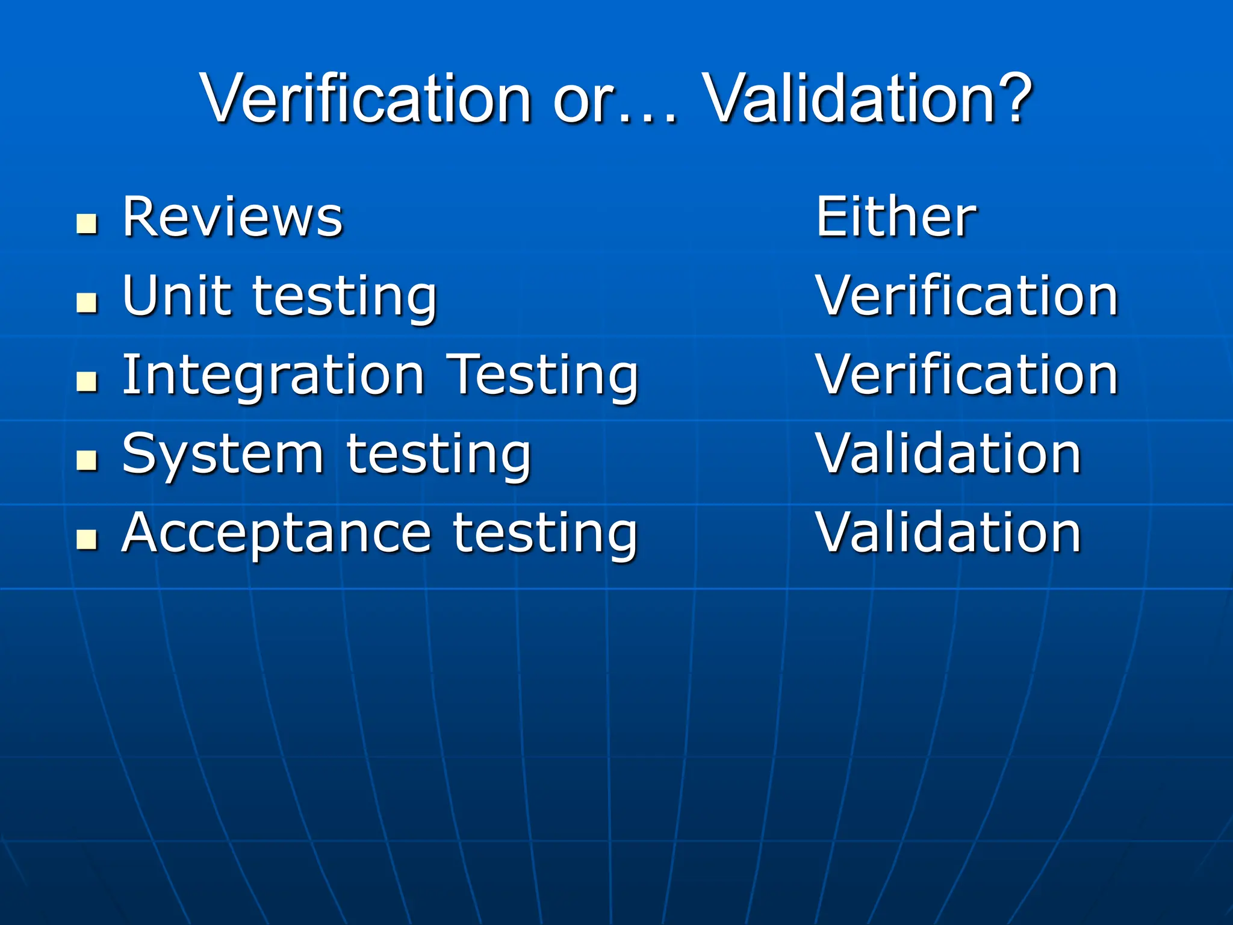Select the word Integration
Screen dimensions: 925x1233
pos(274,376)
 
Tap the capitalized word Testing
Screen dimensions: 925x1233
pos(544,376)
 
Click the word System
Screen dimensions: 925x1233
pos(223,455)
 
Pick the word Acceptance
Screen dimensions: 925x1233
pos(276,534)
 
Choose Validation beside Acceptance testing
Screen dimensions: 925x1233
pos(949,532)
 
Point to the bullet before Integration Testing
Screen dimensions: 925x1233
pos(87,382)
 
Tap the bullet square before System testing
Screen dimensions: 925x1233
pos(87,461)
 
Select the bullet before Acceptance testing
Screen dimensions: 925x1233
pos(87,540)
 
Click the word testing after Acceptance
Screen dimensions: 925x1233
pos(544,534)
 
